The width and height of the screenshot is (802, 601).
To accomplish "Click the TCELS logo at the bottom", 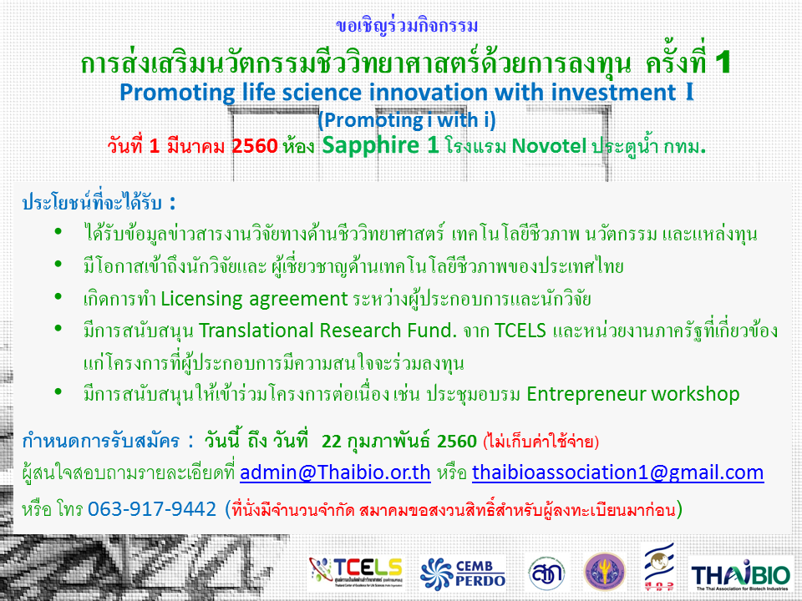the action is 356,572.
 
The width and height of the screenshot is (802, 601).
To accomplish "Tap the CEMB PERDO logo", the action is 463,573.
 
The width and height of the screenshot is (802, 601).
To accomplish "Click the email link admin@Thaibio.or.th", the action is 335,472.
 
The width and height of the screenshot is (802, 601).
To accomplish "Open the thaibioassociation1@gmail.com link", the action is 618,472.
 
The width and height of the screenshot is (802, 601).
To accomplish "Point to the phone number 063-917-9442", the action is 152,509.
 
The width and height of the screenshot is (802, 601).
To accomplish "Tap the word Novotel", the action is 549,146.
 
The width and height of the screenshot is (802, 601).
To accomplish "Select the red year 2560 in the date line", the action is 255,146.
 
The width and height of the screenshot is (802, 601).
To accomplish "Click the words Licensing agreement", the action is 254,299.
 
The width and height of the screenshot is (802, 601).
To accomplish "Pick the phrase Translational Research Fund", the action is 327,331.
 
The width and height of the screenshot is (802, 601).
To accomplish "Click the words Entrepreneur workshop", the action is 632,395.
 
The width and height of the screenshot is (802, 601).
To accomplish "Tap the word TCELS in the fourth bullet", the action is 520,331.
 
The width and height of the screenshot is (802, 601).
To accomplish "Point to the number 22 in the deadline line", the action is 332,441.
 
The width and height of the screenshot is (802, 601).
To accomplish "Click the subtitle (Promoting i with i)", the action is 407,120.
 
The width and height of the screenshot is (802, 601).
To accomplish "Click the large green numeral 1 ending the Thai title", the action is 723,63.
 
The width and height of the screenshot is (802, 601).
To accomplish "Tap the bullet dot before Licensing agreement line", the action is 58,296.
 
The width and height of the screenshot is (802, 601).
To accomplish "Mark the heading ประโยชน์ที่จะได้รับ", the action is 92,202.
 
